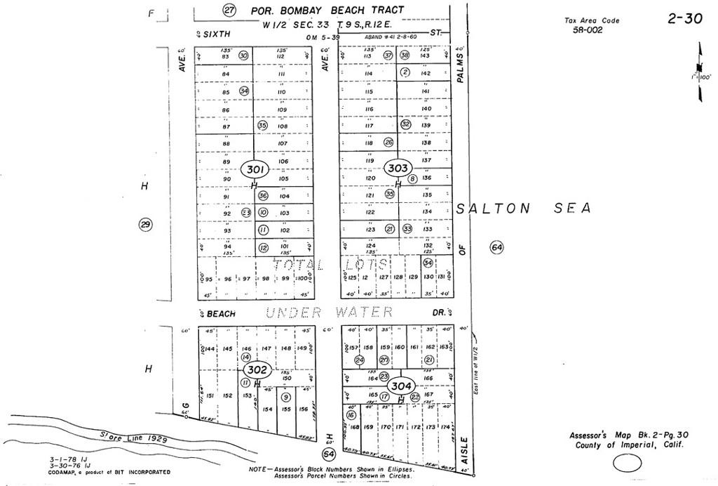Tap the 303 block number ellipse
(398, 169)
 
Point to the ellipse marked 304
(400, 386)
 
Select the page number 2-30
(684, 19)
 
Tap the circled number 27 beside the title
(229, 10)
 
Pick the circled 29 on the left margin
(146, 225)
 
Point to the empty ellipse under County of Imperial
(628, 463)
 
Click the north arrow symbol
(699, 63)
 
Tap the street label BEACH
(220, 313)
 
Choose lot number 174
(445, 427)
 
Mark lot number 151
(210, 396)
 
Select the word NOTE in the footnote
(261, 468)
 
